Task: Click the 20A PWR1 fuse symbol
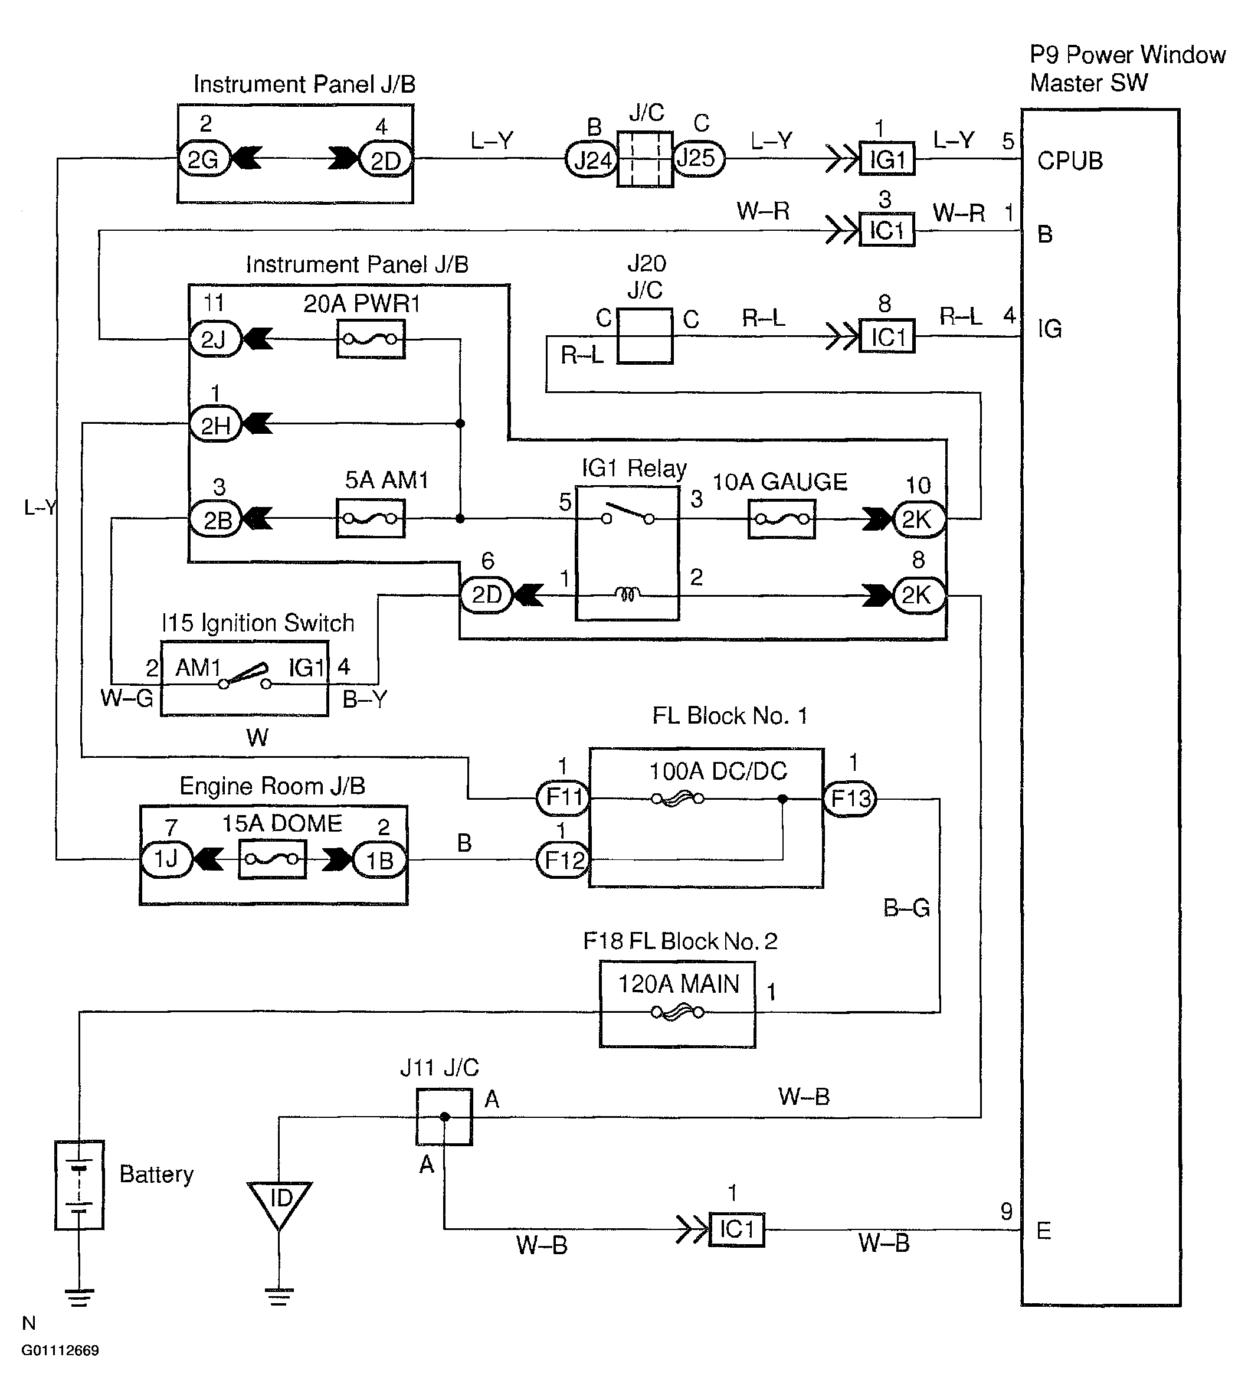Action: click(371, 339)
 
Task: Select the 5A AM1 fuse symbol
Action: click(371, 519)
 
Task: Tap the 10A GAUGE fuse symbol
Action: click(781, 519)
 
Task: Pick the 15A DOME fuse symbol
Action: click(272, 859)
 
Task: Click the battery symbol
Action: click(80, 1185)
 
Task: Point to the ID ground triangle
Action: click(280, 1201)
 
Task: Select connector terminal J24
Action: click(591, 160)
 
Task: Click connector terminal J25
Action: click(698, 158)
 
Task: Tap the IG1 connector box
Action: click(887, 160)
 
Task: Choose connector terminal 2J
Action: click(215, 339)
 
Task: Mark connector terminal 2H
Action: click(215, 424)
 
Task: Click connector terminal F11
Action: click(563, 798)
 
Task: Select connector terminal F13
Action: click(850, 799)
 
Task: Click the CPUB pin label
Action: click(1070, 161)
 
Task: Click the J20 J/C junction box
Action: click(644, 336)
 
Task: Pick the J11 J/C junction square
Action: click(444, 1117)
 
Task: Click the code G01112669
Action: click(60, 1350)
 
